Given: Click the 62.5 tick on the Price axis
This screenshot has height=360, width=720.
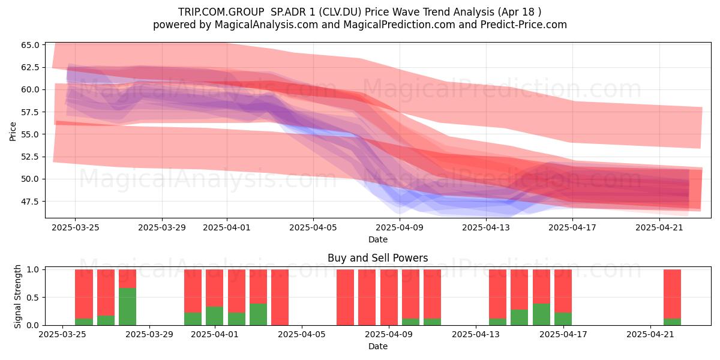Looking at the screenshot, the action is coord(30,67).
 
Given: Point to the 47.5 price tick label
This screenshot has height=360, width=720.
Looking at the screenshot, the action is coord(30,202).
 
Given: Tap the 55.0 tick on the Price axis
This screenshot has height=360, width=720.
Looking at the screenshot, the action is coord(30,134).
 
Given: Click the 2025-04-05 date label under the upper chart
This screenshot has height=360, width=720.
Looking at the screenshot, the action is coord(313,227).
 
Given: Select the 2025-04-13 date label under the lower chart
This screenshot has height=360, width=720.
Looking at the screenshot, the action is coord(476,335).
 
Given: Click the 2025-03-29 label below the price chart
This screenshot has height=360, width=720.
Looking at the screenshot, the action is coord(162,227).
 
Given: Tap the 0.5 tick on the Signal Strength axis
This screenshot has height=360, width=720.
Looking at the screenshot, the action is coord(33,298).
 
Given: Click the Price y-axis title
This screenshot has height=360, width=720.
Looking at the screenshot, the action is coord(13,131).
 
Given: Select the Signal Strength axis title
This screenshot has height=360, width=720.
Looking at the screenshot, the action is coord(17,296).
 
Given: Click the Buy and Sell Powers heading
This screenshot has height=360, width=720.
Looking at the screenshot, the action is coord(377,258).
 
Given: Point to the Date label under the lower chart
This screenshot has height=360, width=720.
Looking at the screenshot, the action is coord(378,346).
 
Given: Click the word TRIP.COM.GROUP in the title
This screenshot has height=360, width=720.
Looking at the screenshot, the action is coord(221,12).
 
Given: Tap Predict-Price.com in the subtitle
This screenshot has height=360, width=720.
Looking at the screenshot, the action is coord(524,25).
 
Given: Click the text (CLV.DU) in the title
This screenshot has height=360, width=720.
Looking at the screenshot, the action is coord(340,12).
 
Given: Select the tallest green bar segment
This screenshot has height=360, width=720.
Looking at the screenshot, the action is coord(128,307).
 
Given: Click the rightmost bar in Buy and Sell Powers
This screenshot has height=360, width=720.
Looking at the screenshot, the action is coord(673,298).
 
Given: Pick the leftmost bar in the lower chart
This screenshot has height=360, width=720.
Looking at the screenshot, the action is coord(84,298).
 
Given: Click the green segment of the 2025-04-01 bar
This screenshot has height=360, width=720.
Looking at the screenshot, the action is coord(215,316).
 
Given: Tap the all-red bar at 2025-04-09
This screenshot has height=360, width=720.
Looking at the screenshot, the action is coord(389,298).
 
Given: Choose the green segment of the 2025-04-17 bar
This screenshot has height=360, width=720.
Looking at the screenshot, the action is coord(563,319).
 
